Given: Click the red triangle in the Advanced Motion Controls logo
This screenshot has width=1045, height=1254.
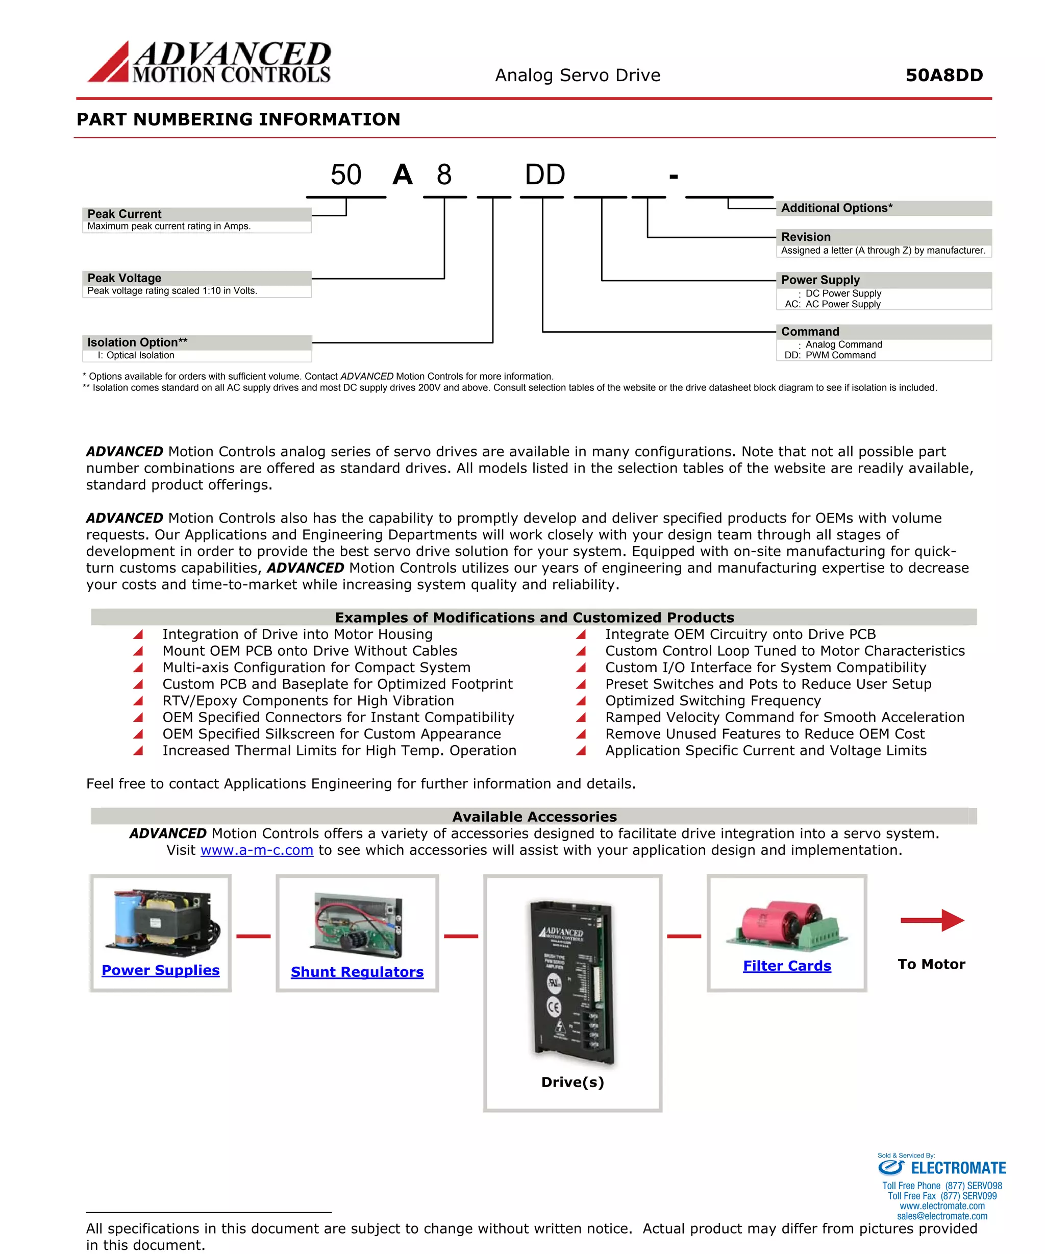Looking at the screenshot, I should [x=109, y=64].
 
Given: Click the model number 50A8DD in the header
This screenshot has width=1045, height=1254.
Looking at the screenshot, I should [x=943, y=75].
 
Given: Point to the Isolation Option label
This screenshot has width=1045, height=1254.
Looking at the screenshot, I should [x=137, y=342].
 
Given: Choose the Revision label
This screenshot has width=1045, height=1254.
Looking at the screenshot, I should [x=806, y=237].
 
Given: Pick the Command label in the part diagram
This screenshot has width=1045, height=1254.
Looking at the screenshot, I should [x=810, y=331].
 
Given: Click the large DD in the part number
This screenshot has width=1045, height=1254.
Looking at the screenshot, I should [x=544, y=175].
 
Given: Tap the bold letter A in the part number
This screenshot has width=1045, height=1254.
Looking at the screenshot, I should [x=403, y=175].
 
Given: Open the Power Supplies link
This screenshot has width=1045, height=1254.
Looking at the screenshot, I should [x=161, y=970].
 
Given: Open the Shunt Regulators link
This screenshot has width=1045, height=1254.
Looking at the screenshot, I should [x=357, y=972].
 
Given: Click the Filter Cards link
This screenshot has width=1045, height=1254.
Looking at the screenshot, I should [x=786, y=966].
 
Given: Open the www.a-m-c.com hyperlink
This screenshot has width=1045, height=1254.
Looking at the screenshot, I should [x=257, y=850].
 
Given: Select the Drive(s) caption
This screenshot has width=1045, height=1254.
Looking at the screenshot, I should [x=572, y=1082].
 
